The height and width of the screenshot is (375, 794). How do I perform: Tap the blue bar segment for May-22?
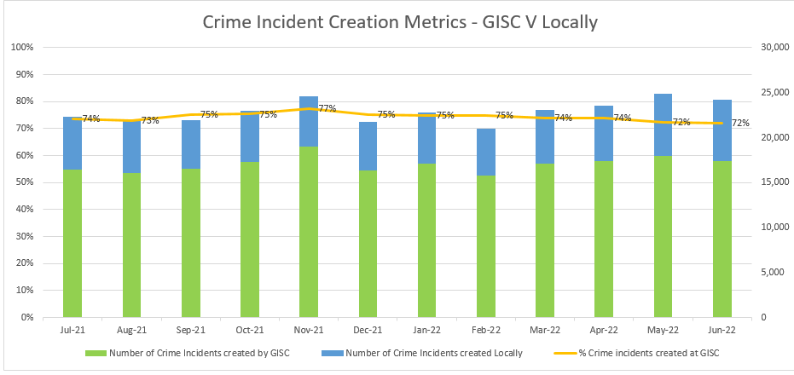tap(664, 124)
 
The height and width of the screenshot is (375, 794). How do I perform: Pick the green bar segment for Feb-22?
tap(486, 246)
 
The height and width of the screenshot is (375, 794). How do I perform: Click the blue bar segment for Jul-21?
tap(72, 143)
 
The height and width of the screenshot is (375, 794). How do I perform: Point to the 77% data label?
tap(327, 108)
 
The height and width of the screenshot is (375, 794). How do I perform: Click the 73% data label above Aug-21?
tap(150, 120)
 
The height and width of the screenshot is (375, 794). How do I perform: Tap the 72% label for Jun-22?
tap(740, 123)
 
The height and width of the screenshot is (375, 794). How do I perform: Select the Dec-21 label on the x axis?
tap(368, 329)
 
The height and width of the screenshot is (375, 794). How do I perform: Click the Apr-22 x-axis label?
tap(604, 329)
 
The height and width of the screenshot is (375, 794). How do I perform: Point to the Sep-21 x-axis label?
tap(190, 329)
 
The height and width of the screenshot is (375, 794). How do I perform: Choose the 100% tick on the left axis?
tap(21, 47)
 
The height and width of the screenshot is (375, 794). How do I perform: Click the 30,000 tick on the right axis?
tap(773, 47)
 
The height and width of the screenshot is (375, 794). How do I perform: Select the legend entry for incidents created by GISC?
tap(192, 352)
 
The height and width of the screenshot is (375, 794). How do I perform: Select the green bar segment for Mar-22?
tap(545, 240)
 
